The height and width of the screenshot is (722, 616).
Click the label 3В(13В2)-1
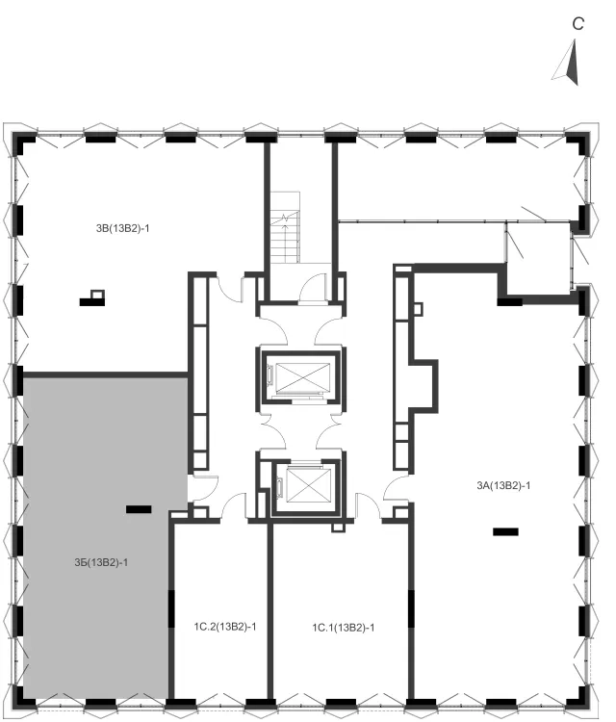pos(122,228)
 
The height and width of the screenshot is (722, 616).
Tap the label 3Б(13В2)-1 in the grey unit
pos(101,562)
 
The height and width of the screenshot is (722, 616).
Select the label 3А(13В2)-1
pos(503,485)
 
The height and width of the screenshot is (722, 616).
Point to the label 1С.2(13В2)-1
pos(225,627)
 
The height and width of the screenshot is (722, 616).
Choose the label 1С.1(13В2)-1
pos(343,628)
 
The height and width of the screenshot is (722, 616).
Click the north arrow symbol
pos(568,63)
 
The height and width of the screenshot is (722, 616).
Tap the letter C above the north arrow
pos(577,23)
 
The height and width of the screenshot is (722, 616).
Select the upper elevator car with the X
pos(302,378)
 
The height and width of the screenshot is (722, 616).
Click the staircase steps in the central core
pos(285,227)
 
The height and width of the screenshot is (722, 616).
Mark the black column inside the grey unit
pos(139,509)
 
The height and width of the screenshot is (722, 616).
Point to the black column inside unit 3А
pos(505,531)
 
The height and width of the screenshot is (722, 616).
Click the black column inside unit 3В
pos(92,302)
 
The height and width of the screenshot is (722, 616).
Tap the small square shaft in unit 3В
pos(97,294)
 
